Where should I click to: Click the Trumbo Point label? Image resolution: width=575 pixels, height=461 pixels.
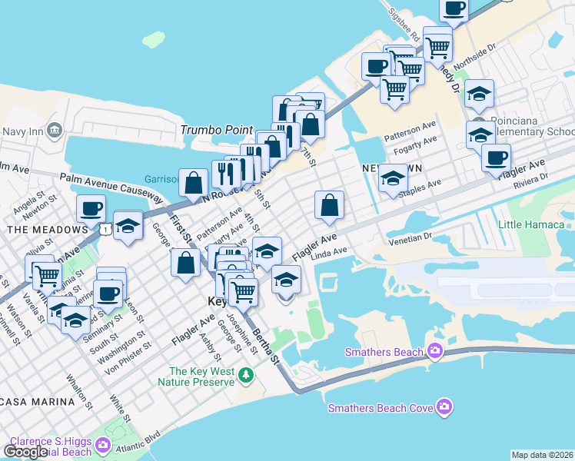(x=217, y=130)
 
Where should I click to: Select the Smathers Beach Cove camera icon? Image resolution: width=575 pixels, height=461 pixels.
(x=443, y=406)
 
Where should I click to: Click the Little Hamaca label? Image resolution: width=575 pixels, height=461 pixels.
(x=530, y=224)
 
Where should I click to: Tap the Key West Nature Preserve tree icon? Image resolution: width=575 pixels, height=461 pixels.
(x=245, y=374)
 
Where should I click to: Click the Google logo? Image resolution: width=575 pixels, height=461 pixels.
(x=25, y=451)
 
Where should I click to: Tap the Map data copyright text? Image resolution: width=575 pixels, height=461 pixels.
(x=543, y=455)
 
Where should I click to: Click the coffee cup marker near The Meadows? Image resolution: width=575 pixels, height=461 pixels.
(x=91, y=208)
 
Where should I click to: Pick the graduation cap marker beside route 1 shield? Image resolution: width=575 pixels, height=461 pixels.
(x=128, y=227)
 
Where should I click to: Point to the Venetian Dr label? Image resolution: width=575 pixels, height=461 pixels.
(x=411, y=237)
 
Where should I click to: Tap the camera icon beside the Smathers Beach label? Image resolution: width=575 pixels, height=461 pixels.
(x=435, y=352)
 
